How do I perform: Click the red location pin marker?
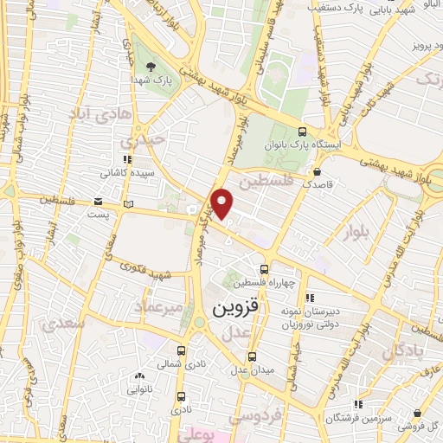[223, 204]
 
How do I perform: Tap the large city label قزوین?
[235, 308]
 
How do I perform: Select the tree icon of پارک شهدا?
[151, 67]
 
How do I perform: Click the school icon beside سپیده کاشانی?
[128, 159]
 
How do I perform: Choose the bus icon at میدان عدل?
[252, 356]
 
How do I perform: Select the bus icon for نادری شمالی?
[182, 351]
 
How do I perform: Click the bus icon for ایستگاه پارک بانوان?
[301, 132]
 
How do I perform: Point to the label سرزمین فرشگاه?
[353, 418]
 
